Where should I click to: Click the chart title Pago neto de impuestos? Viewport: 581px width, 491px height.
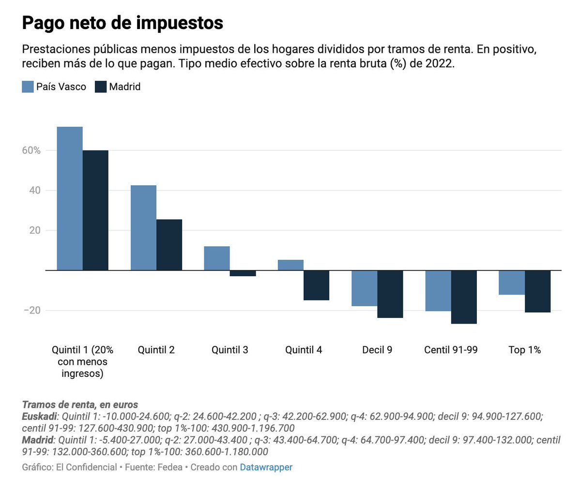(122, 23)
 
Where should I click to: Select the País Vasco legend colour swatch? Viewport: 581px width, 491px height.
(28, 87)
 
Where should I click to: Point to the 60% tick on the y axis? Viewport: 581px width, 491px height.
(31, 150)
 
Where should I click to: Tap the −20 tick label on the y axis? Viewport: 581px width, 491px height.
(32, 311)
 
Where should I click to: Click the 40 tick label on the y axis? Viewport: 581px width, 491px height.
(34, 191)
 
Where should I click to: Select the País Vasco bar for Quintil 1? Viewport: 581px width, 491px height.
(70, 198)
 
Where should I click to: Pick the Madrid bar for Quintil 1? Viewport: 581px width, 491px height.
(95, 210)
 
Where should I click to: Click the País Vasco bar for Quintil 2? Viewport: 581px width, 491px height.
(143, 227)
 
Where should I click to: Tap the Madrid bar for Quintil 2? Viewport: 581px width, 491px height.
(169, 245)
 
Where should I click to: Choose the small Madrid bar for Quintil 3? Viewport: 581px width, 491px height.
(243, 273)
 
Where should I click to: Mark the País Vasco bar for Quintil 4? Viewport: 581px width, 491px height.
(290, 265)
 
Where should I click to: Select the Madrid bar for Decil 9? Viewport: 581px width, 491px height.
(390, 294)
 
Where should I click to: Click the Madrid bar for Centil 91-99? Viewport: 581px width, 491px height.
(464, 297)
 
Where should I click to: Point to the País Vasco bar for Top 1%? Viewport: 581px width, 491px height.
(512, 283)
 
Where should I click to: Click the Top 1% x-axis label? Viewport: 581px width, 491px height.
(524, 350)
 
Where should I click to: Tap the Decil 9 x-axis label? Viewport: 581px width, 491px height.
(377, 350)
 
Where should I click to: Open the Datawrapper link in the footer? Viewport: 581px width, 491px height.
(266, 467)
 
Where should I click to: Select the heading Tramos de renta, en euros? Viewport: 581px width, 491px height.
(80, 405)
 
